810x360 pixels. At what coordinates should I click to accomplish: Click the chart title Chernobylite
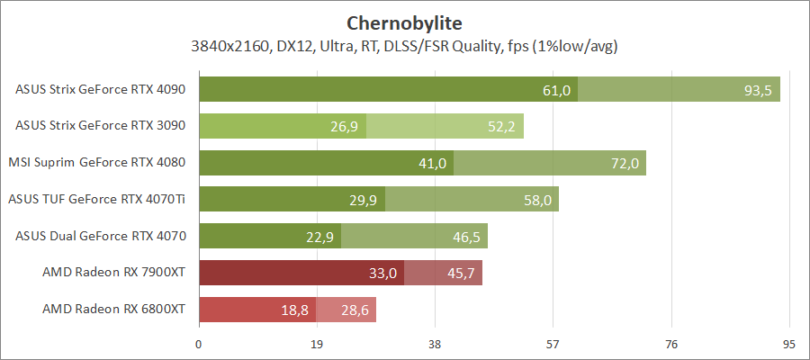404,22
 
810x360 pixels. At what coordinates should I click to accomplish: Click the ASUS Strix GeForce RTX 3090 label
101,125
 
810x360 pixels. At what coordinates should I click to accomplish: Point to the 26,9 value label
345,126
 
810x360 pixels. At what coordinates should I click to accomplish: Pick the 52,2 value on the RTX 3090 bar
501,126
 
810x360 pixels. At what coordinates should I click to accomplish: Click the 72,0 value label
625,163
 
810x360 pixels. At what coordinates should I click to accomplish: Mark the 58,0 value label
537,200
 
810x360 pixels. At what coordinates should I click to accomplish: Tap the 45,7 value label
461,273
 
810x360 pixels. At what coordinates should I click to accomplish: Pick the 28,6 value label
355,310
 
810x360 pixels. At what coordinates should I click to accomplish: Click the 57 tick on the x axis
553,343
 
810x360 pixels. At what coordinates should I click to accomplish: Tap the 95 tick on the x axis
789,343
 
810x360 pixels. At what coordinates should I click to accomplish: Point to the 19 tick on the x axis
317,343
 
